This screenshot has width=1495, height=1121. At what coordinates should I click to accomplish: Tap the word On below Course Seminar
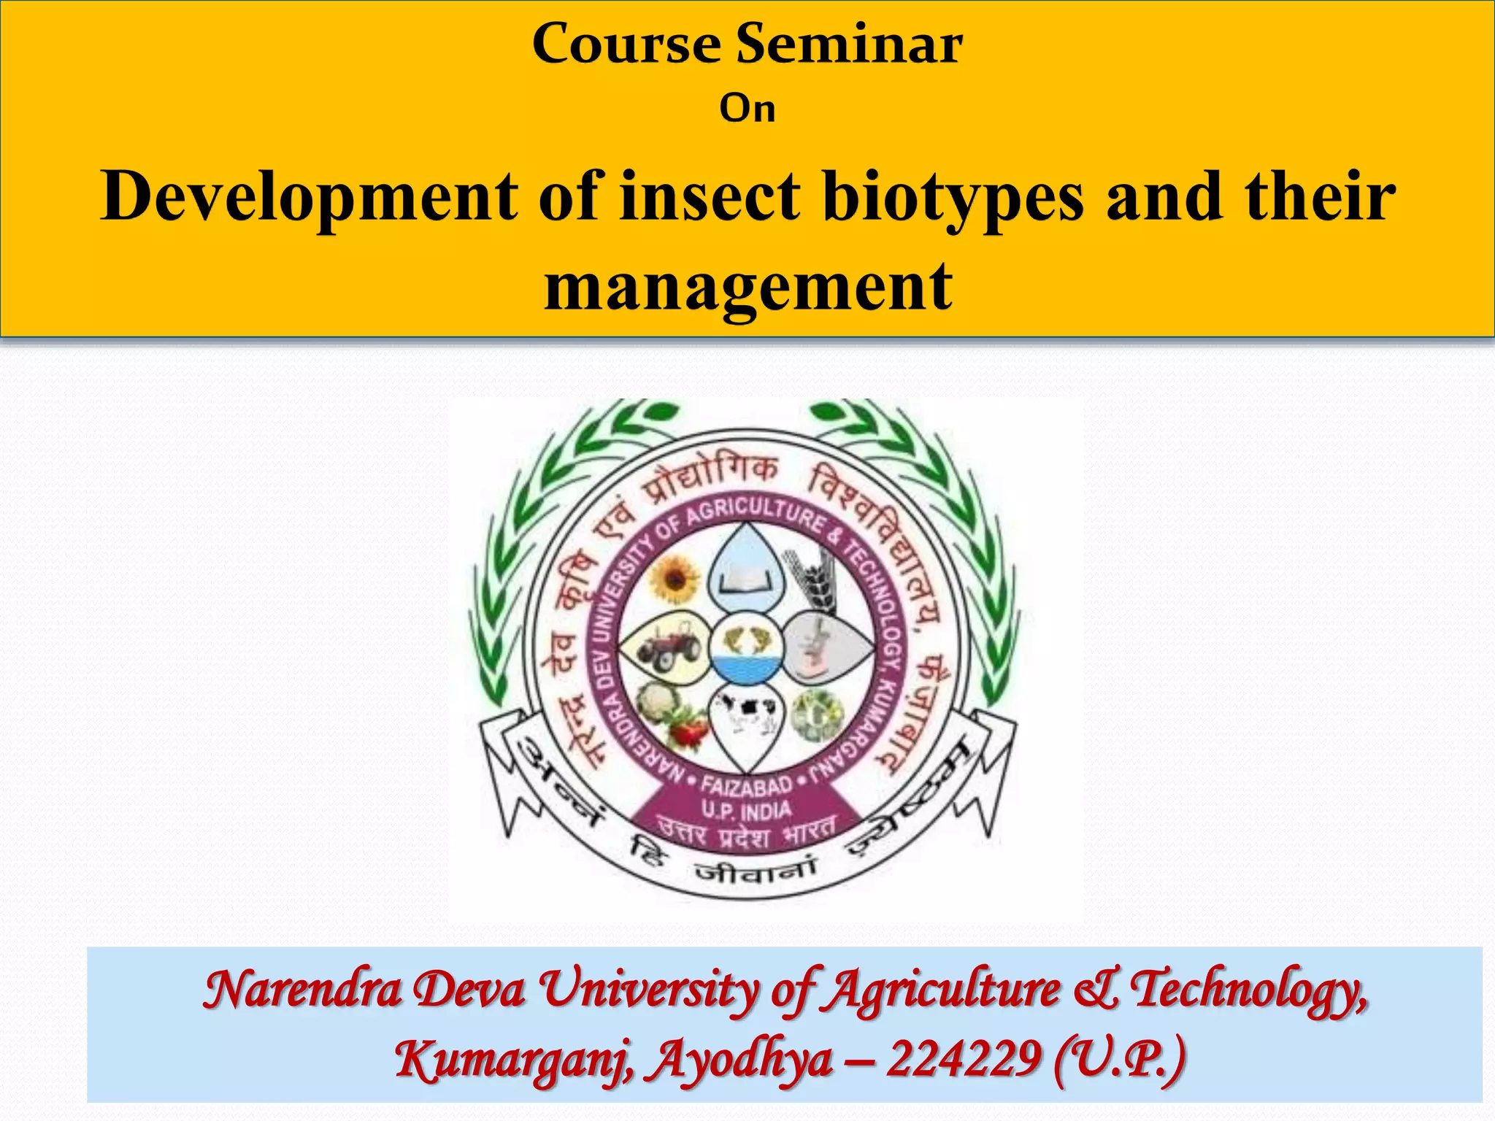(x=747, y=109)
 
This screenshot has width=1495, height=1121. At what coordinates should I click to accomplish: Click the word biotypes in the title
(x=953, y=197)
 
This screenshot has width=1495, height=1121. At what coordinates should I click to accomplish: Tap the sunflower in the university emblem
(x=675, y=579)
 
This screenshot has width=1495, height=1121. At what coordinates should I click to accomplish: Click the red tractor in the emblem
(x=667, y=647)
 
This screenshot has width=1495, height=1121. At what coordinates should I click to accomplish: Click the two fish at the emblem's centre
(x=746, y=639)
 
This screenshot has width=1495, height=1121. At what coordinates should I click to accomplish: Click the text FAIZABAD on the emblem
(x=746, y=786)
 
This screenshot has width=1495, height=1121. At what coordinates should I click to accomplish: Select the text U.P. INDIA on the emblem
(x=746, y=811)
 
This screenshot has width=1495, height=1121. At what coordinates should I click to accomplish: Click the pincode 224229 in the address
(x=964, y=1058)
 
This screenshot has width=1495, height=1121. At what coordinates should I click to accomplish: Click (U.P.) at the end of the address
(x=1120, y=1058)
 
